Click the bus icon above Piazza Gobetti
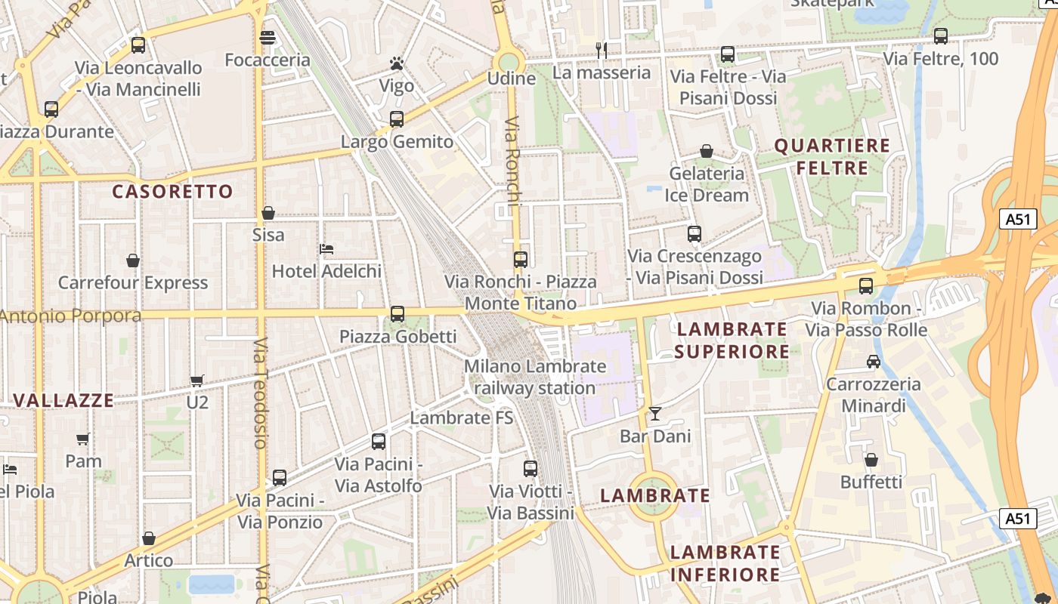coord(397,314)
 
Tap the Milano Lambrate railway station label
coord(535,377)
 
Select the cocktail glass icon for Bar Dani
coord(654,414)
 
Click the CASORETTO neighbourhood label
coord(173,192)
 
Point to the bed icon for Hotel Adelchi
coord(326,248)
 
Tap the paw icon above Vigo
coord(397,63)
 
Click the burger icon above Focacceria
coord(267,37)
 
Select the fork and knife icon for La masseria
coord(602,51)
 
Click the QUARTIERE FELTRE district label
coord(832,156)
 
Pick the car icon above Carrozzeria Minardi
coord(874,362)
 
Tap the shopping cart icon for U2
coord(197,381)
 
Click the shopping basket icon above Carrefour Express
coord(133,260)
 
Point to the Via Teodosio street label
coord(260,393)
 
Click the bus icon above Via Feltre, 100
coord(941,35)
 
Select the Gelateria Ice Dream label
coord(707,184)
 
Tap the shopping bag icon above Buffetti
coord(871,460)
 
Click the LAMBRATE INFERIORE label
coord(725,563)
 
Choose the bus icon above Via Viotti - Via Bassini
coord(531,469)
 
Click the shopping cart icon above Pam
coord(83,439)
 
